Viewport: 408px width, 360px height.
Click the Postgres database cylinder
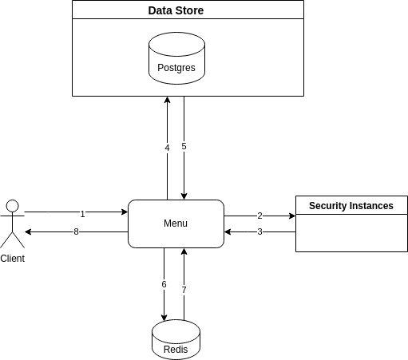[x=176, y=58]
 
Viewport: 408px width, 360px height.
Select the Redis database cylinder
[x=176, y=340]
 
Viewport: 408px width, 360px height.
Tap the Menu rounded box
[x=176, y=224]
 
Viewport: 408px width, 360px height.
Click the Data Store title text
[x=176, y=10]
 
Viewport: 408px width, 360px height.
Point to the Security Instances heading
[x=351, y=206]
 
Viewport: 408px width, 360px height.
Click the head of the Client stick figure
[x=13, y=206]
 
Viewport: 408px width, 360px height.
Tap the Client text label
[x=13, y=259]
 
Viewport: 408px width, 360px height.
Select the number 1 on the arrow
[x=82, y=214]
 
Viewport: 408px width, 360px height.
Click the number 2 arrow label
[x=259, y=216]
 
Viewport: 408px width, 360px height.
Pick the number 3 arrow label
[x=259, y=231]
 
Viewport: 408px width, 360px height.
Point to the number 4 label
[x=167, y=148]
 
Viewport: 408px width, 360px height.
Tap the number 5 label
[x=184, y=146]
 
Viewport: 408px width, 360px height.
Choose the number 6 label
[x=164, y=284]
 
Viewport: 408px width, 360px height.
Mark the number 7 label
[x=184, y=290]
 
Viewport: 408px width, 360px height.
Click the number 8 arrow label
[x=76, y=231]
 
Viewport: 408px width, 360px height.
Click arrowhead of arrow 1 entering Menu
[x=125, y=212]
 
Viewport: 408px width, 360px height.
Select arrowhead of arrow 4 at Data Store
[x=167, y=100]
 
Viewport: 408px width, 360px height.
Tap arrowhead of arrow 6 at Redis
[x=164, y=318]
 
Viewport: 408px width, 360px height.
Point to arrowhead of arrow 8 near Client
[x=28, y=231]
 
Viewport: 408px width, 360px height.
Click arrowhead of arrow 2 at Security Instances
[x=292, y=216]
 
